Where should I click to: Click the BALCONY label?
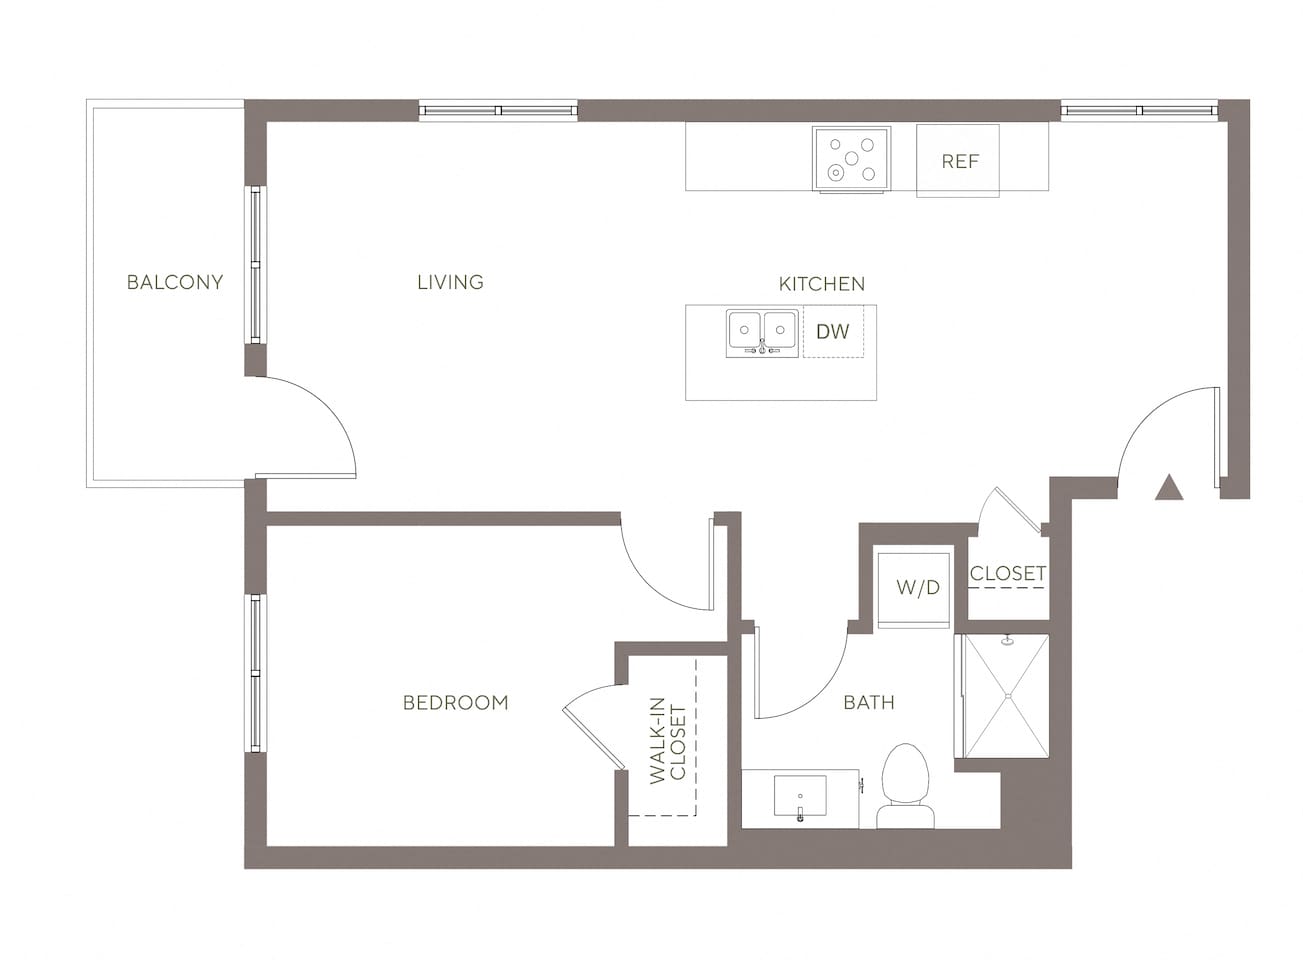pyautogui.click(x=175, y=282)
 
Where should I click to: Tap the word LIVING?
pyautogui.click(x=450, y=282)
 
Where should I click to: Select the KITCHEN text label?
pyautogui.click(x=821, y=284)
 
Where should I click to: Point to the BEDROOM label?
pyautogui.click(x=455, y=703)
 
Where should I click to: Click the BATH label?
pyautogui.click(x=868, y=702)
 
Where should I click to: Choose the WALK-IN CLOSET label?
pyautogui.click(x=667, y=745)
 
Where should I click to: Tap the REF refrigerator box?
pyautogui.click(x=958, y=160)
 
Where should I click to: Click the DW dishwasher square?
pyautogui.click(x=832, y=331)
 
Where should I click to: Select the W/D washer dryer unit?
pyautogui.click(x=916, y=587)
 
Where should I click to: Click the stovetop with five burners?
pyautogui.click(x=850, y=158)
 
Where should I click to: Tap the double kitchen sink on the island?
pyautogui.click(x=762, y=331)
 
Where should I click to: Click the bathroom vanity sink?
pyautogui.click(x=800, y=798)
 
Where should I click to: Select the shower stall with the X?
pyautogui.click(x=1004, y=695)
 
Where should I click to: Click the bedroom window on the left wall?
pyautogui.click(x=256, y=672)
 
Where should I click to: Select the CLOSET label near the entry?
pyautogui.click(x=1007, y=573)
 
